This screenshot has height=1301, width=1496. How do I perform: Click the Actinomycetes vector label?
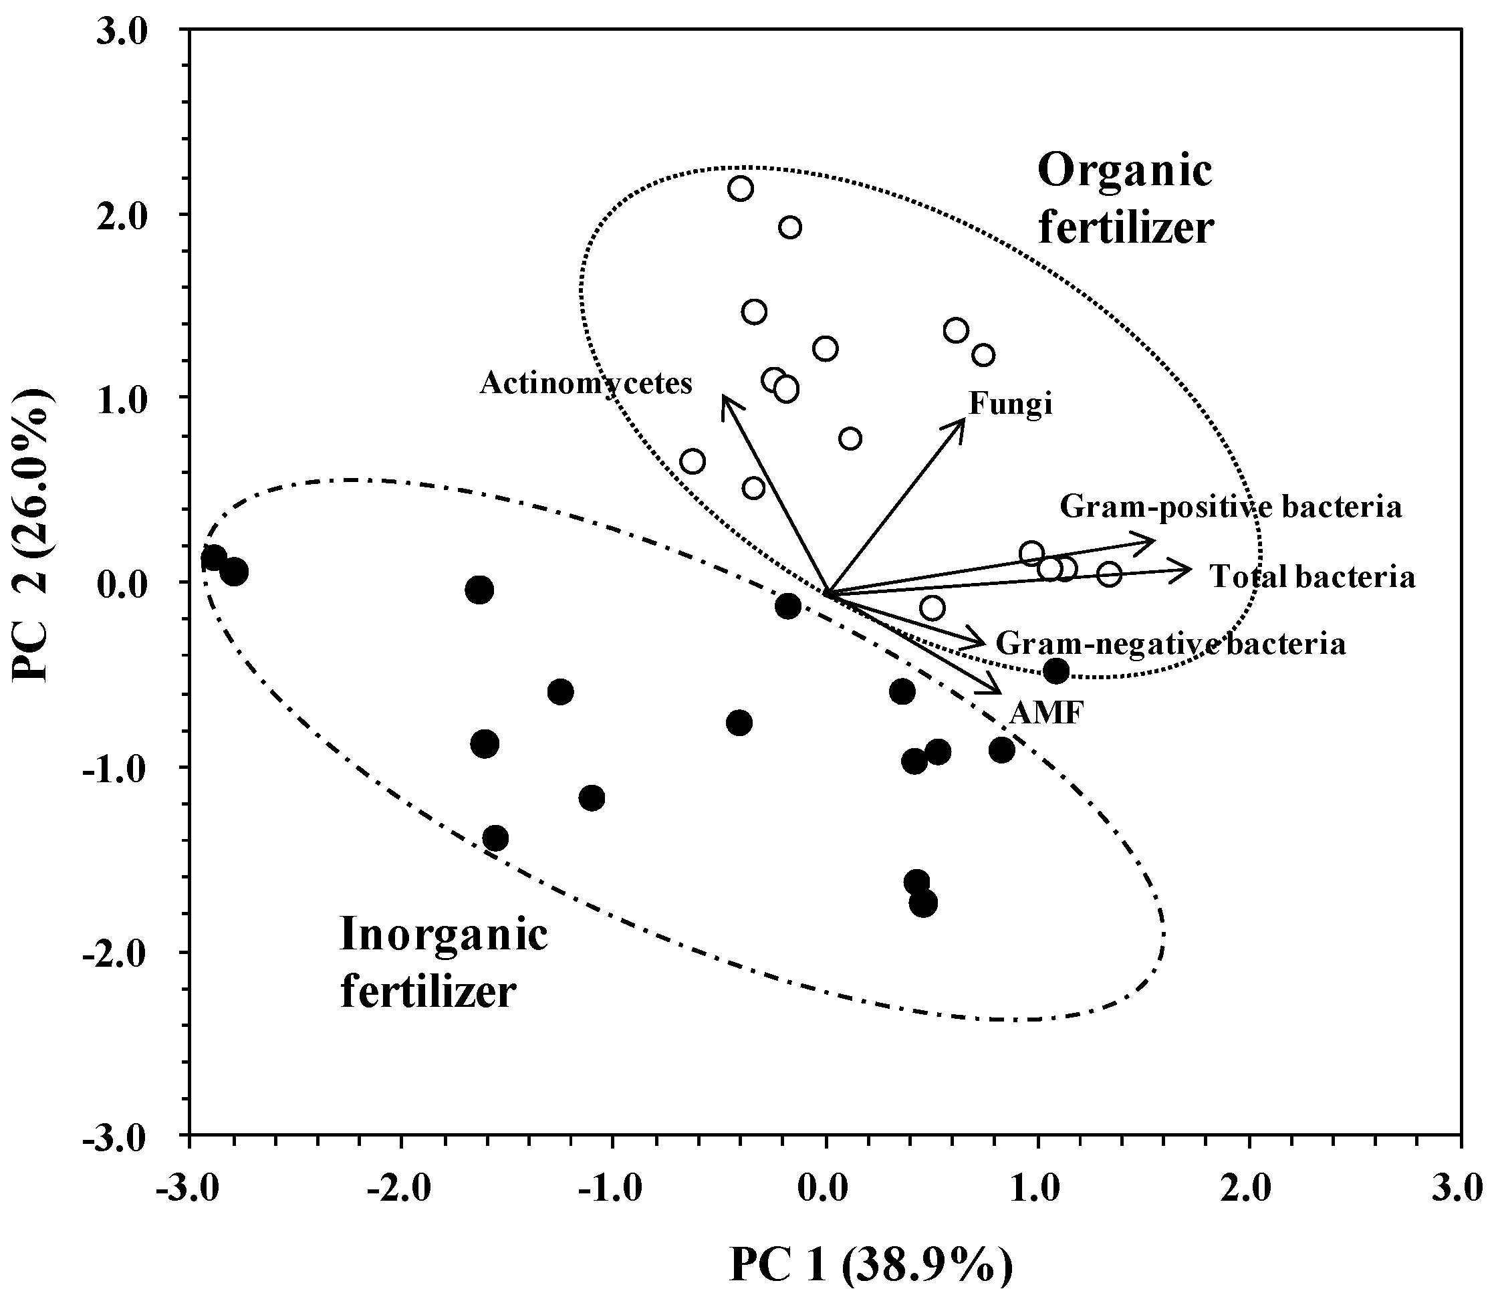point(586,382)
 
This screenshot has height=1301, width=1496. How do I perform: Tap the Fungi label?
point(1011,404)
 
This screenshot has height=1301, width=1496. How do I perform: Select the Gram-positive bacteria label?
point(1231,507)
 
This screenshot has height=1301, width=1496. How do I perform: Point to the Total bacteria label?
point(1312,577)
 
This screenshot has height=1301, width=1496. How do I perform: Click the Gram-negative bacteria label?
point(1170,644)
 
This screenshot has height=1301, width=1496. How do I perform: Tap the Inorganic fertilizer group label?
point(443,963)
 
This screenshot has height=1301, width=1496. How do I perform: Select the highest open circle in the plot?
point(741,189)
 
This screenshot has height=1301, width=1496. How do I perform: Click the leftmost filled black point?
point(213,558)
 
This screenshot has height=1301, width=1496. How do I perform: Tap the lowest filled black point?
point(922,904)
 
